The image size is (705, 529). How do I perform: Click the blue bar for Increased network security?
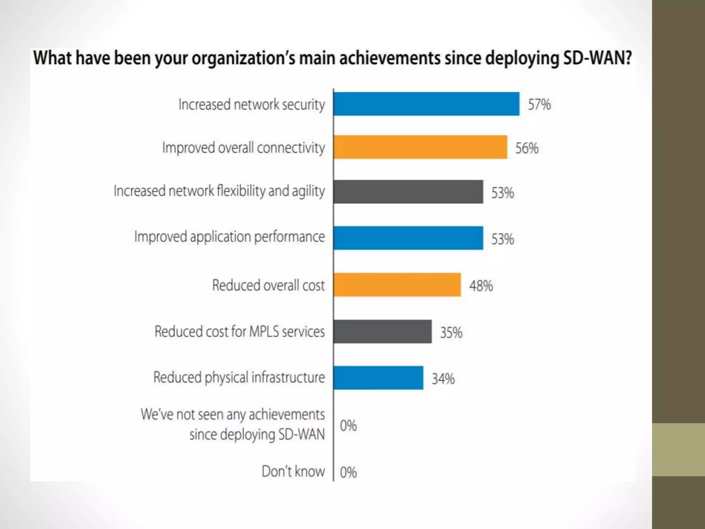coord(426,104)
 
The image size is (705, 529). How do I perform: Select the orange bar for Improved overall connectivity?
coord(420,147)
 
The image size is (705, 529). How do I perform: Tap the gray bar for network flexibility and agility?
coord(408,192)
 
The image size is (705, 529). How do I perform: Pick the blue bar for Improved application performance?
coord(408,238)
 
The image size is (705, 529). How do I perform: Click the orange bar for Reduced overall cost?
coord(397,285)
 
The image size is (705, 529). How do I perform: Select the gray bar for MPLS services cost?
coord(382,332)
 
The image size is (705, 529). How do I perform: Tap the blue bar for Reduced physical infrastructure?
coord(378,378)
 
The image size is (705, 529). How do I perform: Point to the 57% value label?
coord(539,105)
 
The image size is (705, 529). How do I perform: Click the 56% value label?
coord(527,148)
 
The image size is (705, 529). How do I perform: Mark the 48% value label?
coord(481,286)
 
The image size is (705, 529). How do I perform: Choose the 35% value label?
coord(451,333)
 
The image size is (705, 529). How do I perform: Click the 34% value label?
coord(443,379)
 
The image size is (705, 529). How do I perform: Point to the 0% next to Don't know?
coord(348,473)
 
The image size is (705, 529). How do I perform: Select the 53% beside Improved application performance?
coord(502,239)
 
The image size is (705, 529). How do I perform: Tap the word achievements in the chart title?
coord(390,58)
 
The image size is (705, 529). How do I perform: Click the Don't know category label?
coord(293,471)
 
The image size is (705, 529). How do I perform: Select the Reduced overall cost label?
coord(268,285)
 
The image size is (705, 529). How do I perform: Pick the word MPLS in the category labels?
coord(264,331)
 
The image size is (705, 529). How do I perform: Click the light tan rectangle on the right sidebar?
coord(678,449)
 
